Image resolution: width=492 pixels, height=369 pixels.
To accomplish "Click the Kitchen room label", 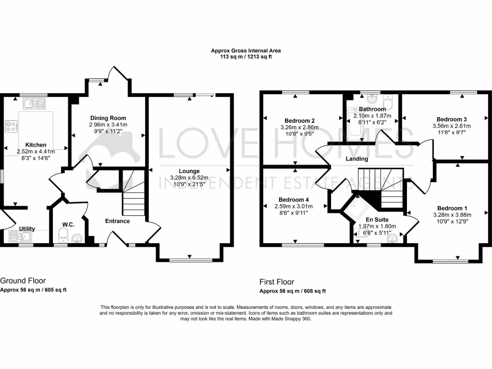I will point(36,145).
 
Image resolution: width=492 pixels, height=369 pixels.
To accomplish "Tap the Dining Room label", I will point(108,118).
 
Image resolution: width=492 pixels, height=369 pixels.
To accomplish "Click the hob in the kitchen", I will point(11,126).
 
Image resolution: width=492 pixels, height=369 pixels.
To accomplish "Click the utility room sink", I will point(19,236).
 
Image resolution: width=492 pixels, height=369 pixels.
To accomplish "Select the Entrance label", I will point(118,221).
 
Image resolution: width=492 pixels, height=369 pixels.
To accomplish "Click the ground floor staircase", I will point(133,192).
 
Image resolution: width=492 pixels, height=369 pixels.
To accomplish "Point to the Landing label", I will point(357,159).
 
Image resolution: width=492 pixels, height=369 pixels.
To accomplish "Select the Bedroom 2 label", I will point(299,121).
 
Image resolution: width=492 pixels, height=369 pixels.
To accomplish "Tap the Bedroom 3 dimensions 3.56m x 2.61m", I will point(452,126).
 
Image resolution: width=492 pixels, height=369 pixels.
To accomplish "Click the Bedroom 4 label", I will point(294,199).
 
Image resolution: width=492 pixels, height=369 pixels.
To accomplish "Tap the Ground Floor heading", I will point(23,281).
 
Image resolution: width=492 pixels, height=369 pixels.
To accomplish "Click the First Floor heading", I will point(277,282).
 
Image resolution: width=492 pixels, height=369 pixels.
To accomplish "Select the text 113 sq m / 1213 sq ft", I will point(246,57).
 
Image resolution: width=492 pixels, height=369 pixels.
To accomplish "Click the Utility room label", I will point(26,229).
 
